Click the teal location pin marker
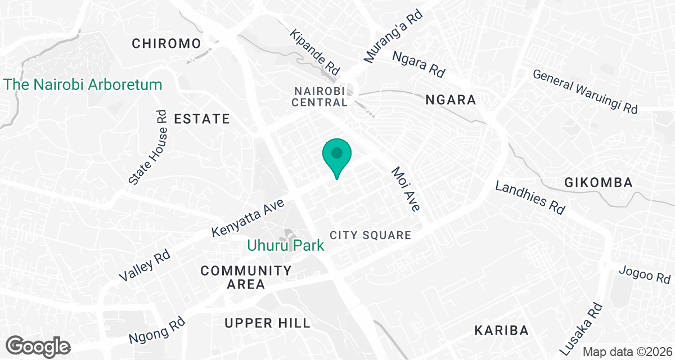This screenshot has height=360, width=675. tap(337, 154)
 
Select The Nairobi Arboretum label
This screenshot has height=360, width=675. tap(83, 85)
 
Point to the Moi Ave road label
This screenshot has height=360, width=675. tap(406, 189)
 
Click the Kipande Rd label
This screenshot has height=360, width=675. tap(315, 53)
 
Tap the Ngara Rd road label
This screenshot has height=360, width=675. tap(418, 64)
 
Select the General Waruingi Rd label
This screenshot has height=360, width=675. tap(585, 91)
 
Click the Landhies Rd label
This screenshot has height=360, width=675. tap(530, 197)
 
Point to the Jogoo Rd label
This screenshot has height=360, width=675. tap(644, 274)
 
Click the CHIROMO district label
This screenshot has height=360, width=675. tap(166, 43)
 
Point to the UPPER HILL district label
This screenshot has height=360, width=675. tap(267, 323)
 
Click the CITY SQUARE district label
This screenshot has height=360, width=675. tap(371, 235)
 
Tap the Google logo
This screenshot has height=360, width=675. tap(39, 346)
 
